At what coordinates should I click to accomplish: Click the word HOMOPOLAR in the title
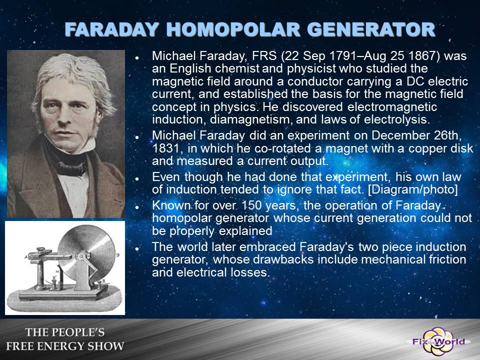(x=233, y=29)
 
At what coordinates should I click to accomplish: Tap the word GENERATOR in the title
(x=371, y=29)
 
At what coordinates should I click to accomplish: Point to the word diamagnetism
(x=250, y=119)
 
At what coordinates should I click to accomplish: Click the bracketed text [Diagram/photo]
(x=413, y=189)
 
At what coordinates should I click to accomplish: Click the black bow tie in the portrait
(x=72, y=168)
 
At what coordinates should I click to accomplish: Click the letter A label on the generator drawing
(x=26, y=257)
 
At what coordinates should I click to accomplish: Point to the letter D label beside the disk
(x=118, y=255)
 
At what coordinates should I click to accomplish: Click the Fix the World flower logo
(x=438, y=341)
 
